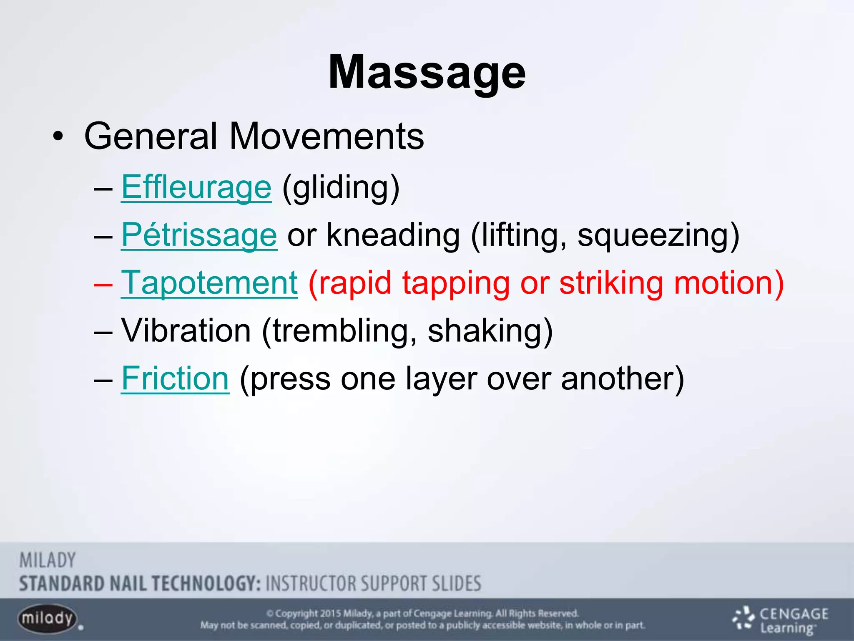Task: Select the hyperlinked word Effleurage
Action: [196, 187]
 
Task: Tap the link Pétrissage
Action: [199, 235]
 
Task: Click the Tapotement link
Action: [209, 283]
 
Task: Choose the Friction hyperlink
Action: [175, 379]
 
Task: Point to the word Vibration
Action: [186, 331]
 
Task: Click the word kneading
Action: [393, 235]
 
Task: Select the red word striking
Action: [611, 283]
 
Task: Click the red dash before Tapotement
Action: [103, 284]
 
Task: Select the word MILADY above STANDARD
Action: [48, 560]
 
